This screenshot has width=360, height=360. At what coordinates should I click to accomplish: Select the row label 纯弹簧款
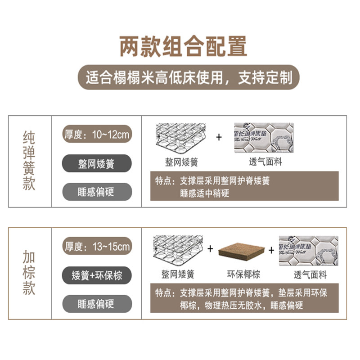pyautogui.click(x=29, y=161)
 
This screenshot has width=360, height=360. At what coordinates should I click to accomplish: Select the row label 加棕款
pyautogui.click(x=29, y=273)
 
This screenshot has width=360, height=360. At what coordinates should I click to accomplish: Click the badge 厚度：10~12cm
pyautogui.click(x=97, y=135)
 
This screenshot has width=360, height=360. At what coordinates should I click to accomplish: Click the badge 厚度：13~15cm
pyautogui.click(x=97, y=247)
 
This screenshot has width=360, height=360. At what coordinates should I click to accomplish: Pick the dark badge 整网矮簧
pyautogui.click(x=97, y=163)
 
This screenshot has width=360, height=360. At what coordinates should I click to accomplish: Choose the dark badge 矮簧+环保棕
pyautogui.click(x=97, y=275)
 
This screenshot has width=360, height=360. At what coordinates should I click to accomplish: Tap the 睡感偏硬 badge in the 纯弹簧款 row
pyautogui.click(x=97, y=192)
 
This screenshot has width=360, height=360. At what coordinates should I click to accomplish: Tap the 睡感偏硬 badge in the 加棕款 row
pyautogui.click(x=97, y=303)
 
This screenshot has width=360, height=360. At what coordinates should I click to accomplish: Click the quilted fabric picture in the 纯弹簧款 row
pyautogui.click(x=264, y=137)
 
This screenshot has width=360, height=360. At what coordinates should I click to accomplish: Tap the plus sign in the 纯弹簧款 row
pyautogui.click(x=219, y=137)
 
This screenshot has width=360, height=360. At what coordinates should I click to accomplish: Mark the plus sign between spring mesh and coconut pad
pyautogui.click(x=210, y=248)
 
